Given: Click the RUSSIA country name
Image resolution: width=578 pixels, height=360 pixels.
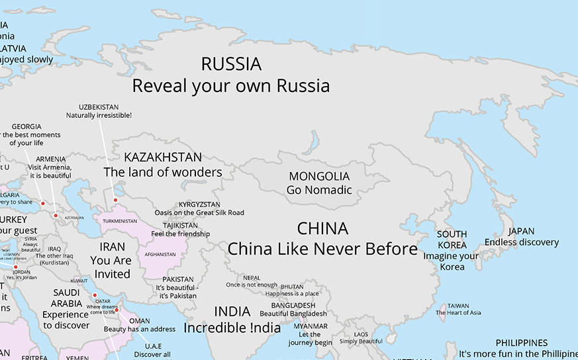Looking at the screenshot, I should tap(231, 64).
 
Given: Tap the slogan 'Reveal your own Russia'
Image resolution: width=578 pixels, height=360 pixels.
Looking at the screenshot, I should tap(230, 86).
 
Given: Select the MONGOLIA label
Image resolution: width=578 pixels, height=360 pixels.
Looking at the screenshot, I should tap(319, 177).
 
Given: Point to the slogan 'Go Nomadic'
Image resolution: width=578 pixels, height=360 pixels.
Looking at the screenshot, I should tap(319, 190).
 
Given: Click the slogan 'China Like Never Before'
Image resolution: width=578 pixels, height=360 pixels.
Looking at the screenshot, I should tap(322, 249).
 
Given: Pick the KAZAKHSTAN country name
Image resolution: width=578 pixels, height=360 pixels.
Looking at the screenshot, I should tap(163, 157).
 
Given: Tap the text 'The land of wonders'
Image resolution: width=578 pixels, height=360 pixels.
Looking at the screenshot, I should tap(163, 173).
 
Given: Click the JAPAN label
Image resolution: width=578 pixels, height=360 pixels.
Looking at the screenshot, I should tap(521, 231).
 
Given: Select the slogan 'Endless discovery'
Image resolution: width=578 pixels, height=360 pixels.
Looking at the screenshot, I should tap(521, 242).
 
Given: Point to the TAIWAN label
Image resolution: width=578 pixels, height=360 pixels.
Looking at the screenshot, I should tap(458, 306).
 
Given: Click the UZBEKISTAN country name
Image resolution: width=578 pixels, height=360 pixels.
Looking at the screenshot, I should tap(99, 107).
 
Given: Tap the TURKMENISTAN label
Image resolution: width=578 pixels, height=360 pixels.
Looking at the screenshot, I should tap(120, 221).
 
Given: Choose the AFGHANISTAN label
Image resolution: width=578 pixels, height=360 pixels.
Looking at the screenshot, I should tap(160, 254).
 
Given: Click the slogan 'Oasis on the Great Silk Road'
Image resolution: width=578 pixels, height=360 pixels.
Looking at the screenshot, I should tap(199, 212).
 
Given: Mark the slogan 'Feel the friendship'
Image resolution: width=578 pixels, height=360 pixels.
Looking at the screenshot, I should tap(180, 234).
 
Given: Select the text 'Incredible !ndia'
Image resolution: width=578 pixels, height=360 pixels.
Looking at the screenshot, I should tap(232, 328).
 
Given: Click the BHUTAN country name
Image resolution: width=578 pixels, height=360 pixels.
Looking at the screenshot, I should tap(292, 287).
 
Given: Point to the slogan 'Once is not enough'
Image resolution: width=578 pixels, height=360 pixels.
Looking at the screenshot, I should tap(252, 285).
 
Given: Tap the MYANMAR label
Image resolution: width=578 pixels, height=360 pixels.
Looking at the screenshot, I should tap(311, 326).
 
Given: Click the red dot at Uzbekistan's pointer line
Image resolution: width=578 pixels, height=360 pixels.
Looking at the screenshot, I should tap(115, 200).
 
